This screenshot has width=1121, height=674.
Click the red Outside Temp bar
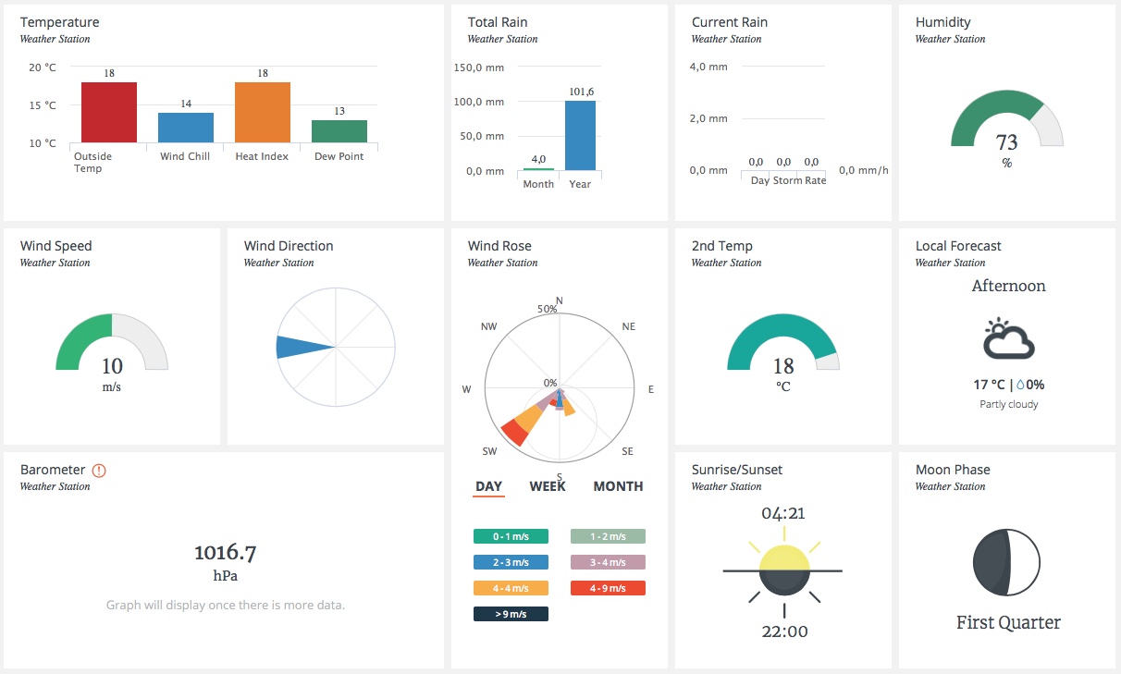coord(109,112)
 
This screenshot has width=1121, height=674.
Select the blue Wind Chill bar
coord(186,128)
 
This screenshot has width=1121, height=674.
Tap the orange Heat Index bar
coord(263,112)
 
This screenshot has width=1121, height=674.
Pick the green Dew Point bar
coord(339,131)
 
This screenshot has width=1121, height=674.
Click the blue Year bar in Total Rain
coord(580,135)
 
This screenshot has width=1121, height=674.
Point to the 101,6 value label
coord(581,92)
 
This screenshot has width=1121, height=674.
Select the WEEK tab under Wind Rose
coord(548,486)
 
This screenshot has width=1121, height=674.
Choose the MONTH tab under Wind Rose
coord(618,486)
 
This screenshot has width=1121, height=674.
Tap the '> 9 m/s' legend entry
coord(511,614)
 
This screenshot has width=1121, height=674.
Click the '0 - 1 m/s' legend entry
coord(511,536)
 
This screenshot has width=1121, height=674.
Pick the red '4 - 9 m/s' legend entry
coord(608,588)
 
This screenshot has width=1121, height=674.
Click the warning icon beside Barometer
coord(99,470)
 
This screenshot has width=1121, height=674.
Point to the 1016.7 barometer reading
coord(225,553)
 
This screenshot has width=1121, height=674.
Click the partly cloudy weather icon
coord(1007,339)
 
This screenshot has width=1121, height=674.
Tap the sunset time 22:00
coord(783,632)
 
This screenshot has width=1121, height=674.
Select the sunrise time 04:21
coord(783,513)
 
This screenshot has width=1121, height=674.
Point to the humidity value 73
coord(1006,142)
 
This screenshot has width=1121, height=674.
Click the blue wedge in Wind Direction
coord(300,347)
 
